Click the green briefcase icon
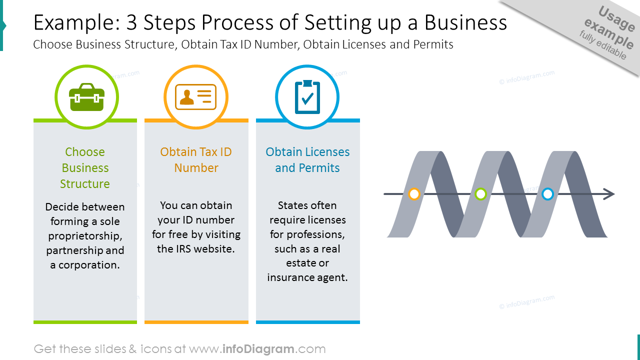point(86,97)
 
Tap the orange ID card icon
point(195,97)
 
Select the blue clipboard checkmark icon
point(307,97)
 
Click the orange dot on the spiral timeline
point(414,194)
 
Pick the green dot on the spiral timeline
point(480,194)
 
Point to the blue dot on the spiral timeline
point(547,194)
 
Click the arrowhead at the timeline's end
point(609,194)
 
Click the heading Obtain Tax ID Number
point(196,159)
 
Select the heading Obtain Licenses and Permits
point(307,159)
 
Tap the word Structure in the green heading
point(85,183)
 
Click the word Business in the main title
point(465,22)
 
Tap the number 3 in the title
point(131,22)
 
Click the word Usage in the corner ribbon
point(616,18)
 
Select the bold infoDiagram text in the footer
point(258,349)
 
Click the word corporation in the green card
point(89,265)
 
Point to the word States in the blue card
point(291,205)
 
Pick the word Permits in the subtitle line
point(433,44)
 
